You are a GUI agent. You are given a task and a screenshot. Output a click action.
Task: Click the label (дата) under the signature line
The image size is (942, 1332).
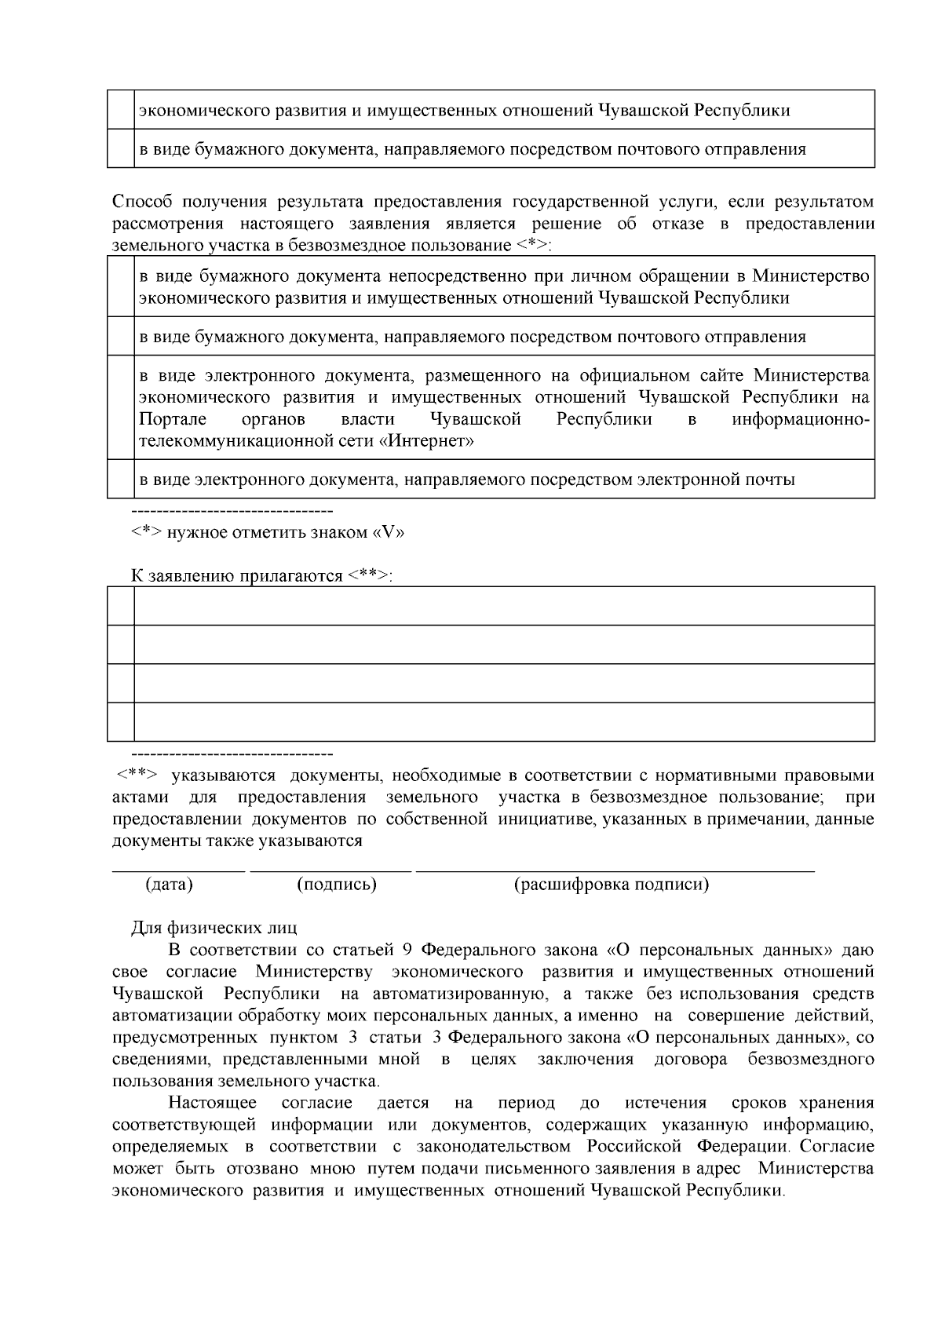click(x=169, y=885)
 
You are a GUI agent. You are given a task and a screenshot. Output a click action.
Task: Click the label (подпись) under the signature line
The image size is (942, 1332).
click(x=337, y=885)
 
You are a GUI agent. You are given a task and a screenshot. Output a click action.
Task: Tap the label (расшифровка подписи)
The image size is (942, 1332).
click(x=612, y=885)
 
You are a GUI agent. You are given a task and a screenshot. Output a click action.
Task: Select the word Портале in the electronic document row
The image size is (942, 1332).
click(x=173, y=419)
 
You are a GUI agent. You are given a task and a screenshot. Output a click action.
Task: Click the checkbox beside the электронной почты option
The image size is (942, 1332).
click(x=121, y=480)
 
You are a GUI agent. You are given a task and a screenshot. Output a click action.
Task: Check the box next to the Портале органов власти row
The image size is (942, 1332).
click(x=121, y=408)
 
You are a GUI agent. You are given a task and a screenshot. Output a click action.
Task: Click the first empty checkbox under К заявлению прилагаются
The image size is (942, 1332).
click(x=121, y=606)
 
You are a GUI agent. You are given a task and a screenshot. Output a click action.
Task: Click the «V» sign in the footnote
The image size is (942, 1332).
click(x=387, y=533)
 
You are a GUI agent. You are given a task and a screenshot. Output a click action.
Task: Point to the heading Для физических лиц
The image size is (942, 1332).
click(x=214, y=929)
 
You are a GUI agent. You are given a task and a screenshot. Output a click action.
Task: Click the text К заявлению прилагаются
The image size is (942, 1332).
click(x=261, y=576)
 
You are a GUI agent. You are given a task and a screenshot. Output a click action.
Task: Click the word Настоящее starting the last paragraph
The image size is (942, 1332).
click(x=212, y=1103)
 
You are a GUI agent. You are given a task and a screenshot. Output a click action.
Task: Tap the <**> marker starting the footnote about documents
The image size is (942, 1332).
click(x=137, y=775)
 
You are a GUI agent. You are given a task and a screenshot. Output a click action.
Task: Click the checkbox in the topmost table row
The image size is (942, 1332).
click(x=121, y=110)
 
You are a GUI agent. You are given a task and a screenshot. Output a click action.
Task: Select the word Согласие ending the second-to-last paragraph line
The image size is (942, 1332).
click(x=837, y=1147)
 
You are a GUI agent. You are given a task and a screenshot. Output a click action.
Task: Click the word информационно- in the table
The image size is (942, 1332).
click(x=801, y=419)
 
